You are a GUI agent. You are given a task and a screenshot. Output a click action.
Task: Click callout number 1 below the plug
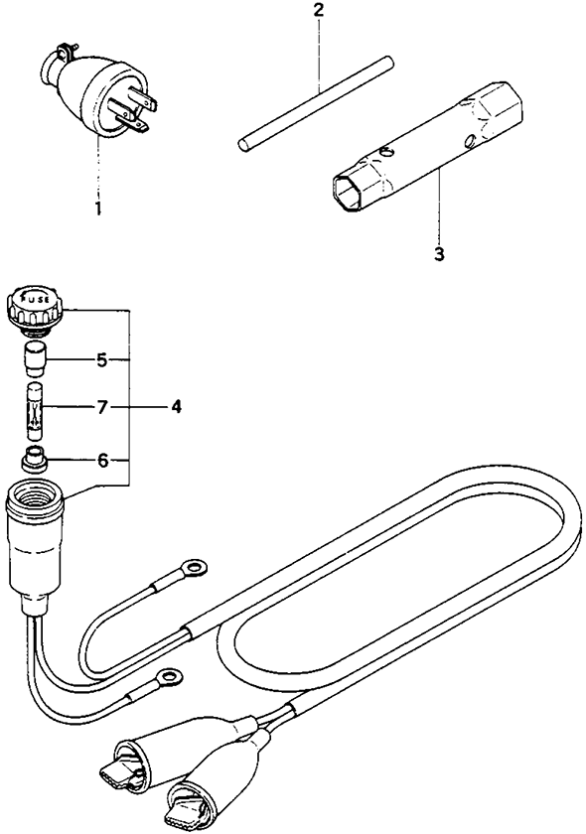point(98,208)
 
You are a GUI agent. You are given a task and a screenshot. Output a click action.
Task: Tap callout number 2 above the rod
point(318,10)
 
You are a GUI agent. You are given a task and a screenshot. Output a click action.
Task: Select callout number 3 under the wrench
point(439,254)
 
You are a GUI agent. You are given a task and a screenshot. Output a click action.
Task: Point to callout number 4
point(176,407)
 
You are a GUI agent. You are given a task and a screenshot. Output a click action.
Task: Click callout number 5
point(102,360)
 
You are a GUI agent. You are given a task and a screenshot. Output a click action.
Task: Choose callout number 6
point(102,460)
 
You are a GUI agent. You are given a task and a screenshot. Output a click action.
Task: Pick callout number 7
point(102,407)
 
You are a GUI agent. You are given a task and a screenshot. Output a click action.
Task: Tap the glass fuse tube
point(35,411)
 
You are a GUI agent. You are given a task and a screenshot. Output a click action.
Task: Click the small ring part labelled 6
point(35,459)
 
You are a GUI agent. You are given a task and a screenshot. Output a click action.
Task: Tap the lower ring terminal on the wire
point(169,677)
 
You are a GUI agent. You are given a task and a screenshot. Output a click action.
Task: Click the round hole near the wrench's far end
point(469,140)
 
